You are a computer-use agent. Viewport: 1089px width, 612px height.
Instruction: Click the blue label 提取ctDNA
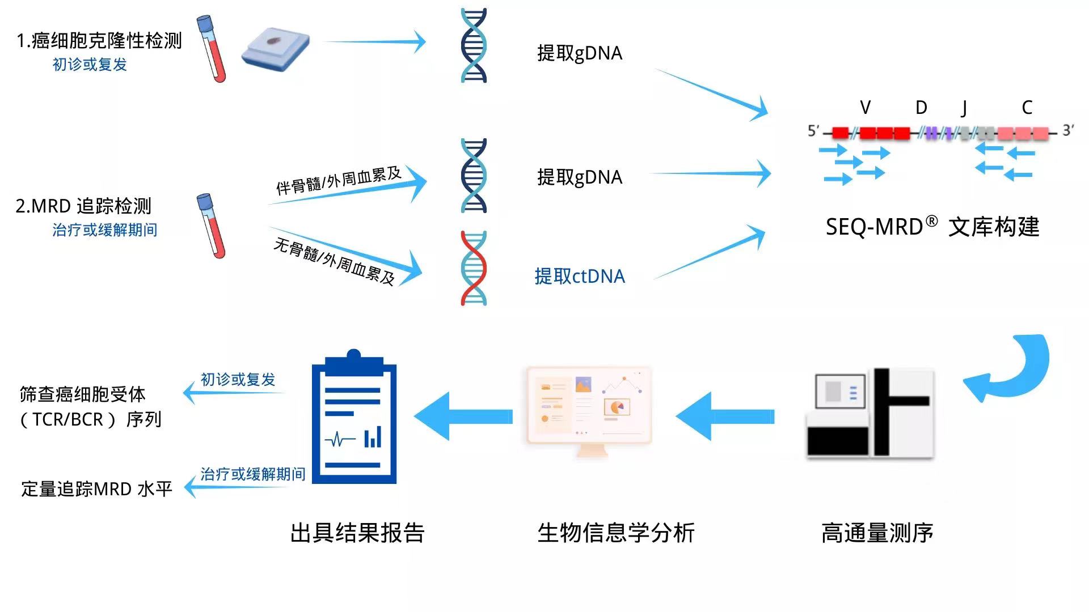pyautogui.click(x=579, y=277)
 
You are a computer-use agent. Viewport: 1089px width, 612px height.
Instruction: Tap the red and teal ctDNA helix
pyautogui.click(x=474, y=268)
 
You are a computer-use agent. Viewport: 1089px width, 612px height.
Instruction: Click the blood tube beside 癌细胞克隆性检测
pyautogui.click(x=211, y=48)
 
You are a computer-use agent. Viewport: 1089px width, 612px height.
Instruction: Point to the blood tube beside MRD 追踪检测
pyautogui.click(x=211, y=226)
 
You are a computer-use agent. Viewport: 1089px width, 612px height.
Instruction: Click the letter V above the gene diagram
pyautogui.click(x=865, y=108)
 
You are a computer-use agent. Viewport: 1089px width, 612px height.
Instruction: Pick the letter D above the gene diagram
pyautogui.click(x=921, y=108)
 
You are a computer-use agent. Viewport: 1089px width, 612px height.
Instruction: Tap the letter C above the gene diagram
pyautogui.click(x=1027, y=108)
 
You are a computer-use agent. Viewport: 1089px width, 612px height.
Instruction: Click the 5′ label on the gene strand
pyautogui.click(x=813, y=131)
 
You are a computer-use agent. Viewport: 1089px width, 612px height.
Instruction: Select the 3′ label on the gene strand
pyautogui.click(x=1068, y=130)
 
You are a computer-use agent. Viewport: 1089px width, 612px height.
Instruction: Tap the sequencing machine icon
pyautogui.click(x=870, y=414)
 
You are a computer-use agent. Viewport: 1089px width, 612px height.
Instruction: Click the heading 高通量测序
pyautogui.click(x=877, y=533)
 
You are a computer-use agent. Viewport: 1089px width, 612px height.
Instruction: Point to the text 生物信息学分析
pyautogui.click(x=615, y=533)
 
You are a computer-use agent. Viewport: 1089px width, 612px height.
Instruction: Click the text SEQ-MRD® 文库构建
pyautogui.click(x=932, y=227)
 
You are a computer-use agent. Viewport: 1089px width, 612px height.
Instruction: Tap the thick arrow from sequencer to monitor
pyautogui.click(x=726, y=416)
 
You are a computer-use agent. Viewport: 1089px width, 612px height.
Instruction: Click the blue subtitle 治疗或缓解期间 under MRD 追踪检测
pyautogui.click(x=105, y=230)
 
